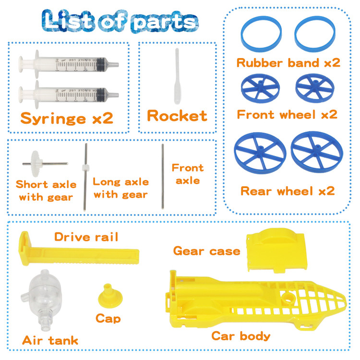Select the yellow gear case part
pos(276,250)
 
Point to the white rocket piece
pos(177,76)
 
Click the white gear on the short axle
pos(36,164)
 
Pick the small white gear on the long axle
pos(85,168)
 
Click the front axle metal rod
pos(163,176)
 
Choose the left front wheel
pos(260,88)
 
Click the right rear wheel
pos(317,152)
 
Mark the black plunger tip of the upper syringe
pos(101,64)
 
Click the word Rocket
pos(177,116)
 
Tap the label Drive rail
pos(86,237)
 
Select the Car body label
pos(241,336)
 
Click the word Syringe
pos(53,119)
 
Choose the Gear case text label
pos(206,251)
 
